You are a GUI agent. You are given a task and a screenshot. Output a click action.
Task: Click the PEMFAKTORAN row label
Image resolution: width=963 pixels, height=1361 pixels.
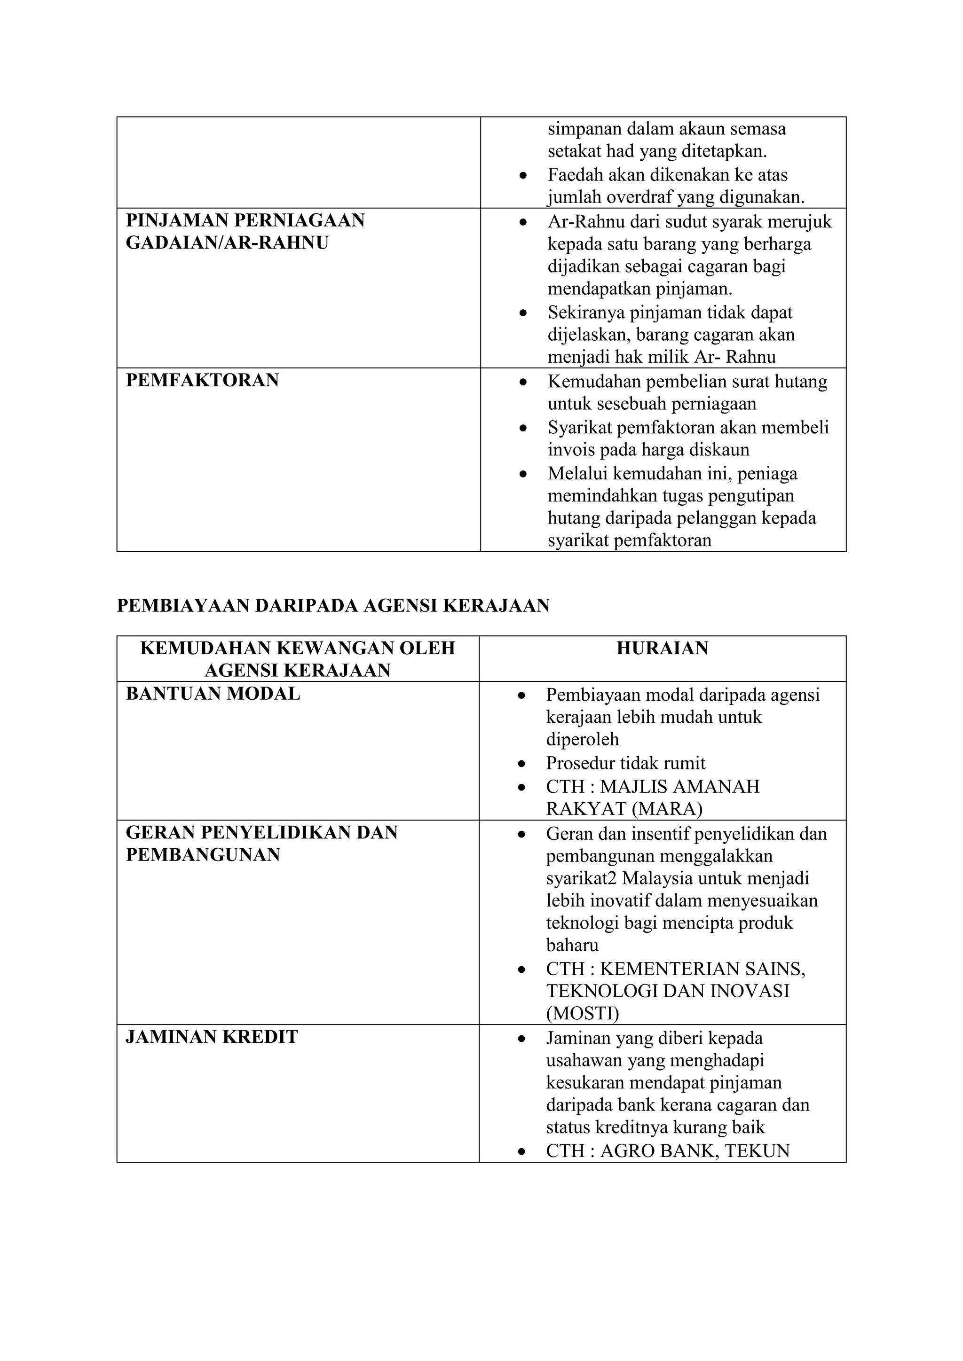[x=202, y=380]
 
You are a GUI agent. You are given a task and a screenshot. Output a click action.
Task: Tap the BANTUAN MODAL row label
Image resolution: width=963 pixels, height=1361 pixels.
[x=213, y=694]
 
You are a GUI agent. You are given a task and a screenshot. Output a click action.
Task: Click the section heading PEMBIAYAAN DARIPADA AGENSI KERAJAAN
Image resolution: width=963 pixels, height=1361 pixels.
[x=333, y=605]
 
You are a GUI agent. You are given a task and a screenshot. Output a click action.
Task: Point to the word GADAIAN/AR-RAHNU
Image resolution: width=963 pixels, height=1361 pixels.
[x=227, y=243]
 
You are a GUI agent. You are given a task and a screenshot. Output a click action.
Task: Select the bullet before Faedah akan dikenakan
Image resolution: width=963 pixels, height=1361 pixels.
[x=522, y=176]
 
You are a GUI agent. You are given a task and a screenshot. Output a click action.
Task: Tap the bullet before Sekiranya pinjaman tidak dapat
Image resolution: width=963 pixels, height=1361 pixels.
[x=522, y=313]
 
